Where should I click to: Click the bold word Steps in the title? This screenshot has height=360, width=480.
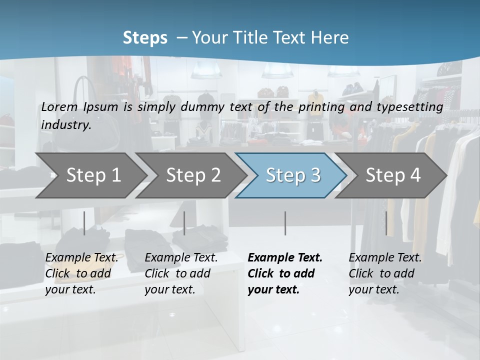pos(145,38)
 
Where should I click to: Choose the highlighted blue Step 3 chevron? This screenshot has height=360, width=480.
pos(292,175)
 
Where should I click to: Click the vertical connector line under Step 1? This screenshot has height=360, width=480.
pos(84,223)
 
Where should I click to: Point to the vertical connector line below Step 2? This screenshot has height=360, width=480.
pos(184,223)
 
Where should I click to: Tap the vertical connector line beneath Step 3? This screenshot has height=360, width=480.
pos(285,223)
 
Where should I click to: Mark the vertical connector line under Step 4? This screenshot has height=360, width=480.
pos(386,223)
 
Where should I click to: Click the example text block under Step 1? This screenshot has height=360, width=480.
pos(81,273)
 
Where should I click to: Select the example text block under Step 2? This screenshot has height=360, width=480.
pos(181,273)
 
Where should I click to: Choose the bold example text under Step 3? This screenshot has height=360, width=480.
pos(284,273)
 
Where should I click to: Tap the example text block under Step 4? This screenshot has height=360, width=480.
pos(385,273)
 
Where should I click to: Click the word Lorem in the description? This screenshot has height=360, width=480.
pos(59,107)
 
